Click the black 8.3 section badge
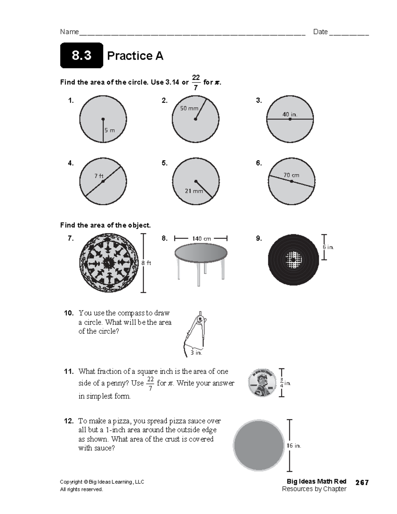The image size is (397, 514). (81, 56)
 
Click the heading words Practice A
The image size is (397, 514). (135, 56)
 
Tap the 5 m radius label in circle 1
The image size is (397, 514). (110, 130)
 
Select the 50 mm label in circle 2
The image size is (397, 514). (189, 108)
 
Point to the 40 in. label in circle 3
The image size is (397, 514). (290, 114)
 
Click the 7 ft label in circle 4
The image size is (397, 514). (99, 176)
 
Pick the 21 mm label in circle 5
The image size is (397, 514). (194, 191)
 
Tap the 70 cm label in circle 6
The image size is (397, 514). (291, 175)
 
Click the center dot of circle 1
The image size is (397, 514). (103, 119)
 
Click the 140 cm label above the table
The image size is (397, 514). (201, 239)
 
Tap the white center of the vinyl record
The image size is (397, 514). (293, 259)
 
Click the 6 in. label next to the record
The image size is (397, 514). (328, 247)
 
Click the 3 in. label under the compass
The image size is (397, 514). (196, 353)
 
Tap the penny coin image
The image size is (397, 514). (262, 383)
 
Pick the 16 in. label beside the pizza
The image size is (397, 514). (293, 446)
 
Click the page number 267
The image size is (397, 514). (362, 483)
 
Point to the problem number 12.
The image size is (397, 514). (69, 421)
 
